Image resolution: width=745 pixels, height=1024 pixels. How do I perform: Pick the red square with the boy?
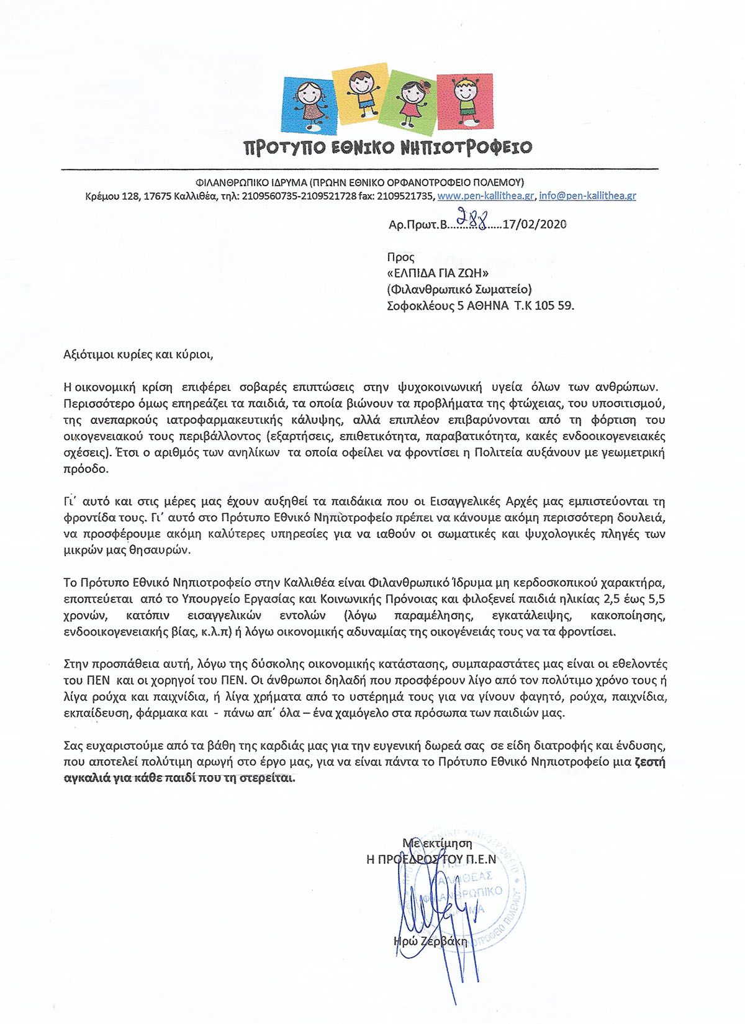tap(464, 99)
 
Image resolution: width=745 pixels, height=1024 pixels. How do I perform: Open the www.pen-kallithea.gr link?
tap(485, 196)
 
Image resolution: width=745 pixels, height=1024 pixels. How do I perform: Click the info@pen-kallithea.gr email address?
tap(587, 196)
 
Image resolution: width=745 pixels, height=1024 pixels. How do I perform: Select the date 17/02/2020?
tap(535, 225)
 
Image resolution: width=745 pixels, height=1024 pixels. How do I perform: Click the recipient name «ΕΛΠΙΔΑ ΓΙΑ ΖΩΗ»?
tap(438, 273)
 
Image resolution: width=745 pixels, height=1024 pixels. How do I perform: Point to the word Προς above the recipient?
tap(400, 257)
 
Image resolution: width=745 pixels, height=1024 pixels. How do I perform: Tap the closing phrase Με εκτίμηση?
tap(437, 843)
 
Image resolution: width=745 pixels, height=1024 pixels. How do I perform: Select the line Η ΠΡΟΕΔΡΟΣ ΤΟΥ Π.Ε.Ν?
tap(431, 860)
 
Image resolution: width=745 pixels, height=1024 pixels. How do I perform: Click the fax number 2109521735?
tap(405, 196)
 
